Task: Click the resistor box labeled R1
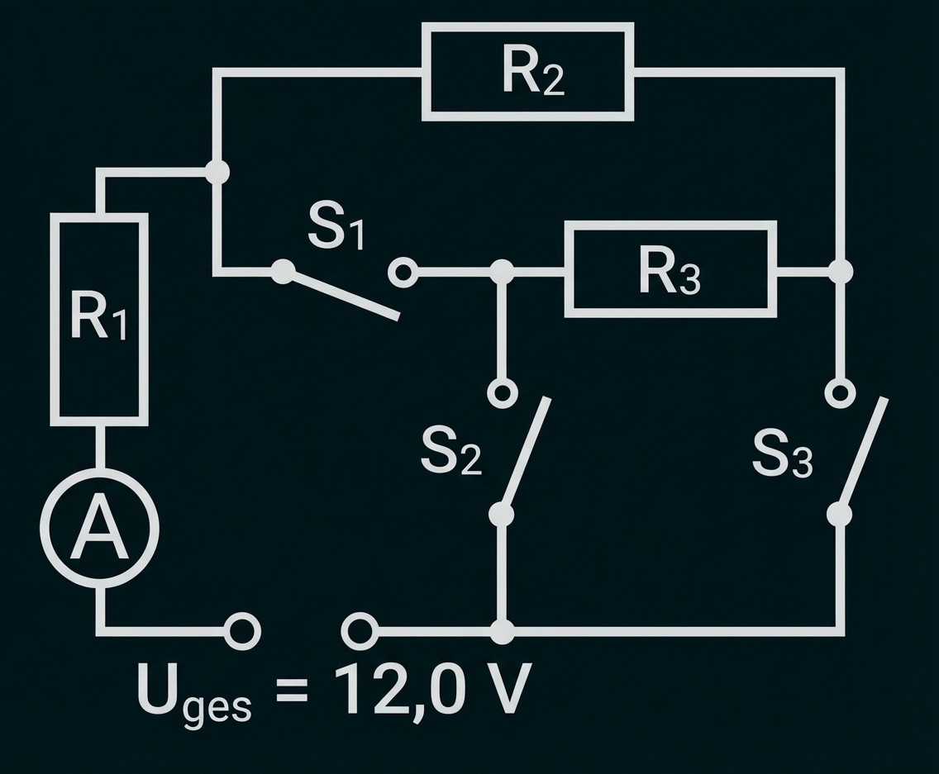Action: [x=99, y=319]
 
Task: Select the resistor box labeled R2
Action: [x=527, y=73]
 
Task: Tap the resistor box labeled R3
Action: [x=670, y=269]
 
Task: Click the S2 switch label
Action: [x=450, y=452]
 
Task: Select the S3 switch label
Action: [x=782, y=455]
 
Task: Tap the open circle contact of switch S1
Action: [x=403, y=272]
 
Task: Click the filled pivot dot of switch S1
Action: [x=284, y=271]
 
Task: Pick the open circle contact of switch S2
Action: [x=502, y=393]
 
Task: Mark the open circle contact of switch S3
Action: [x=840, y=393]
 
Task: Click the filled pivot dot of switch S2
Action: [x=501, y=515]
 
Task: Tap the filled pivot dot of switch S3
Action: [x=839, y=515]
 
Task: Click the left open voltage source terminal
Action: [x=243, y=632]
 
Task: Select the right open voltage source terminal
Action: [x=360, y=632]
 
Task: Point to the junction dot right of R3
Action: [x=840, y=271]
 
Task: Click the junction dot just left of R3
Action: [x=501, y=271]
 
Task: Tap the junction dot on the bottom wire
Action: [x=502, y=633]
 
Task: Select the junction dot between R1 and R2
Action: [x=217, y=172]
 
